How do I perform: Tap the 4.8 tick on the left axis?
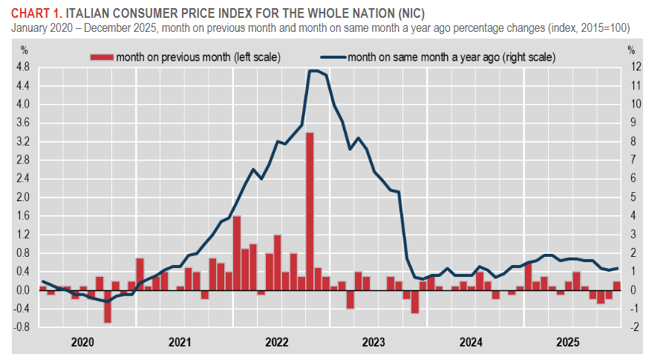click(22, 67)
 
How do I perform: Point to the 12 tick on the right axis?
click(631, 67)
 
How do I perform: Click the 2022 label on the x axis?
click(276, 342)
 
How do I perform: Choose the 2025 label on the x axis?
click(568, 342)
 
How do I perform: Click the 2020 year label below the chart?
click(82, 342)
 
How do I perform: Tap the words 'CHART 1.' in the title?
click(34, 13)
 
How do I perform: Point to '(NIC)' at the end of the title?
click(408, 13)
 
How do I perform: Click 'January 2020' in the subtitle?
click(41, 27)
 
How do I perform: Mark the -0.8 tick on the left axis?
click(22, 327)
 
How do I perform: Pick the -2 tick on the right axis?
click(631, 327)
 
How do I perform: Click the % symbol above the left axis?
click(24, 50)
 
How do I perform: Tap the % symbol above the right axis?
click(630, 50)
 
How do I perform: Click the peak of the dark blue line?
click(314, 71)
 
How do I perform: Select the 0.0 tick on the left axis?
click(22, 289)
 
